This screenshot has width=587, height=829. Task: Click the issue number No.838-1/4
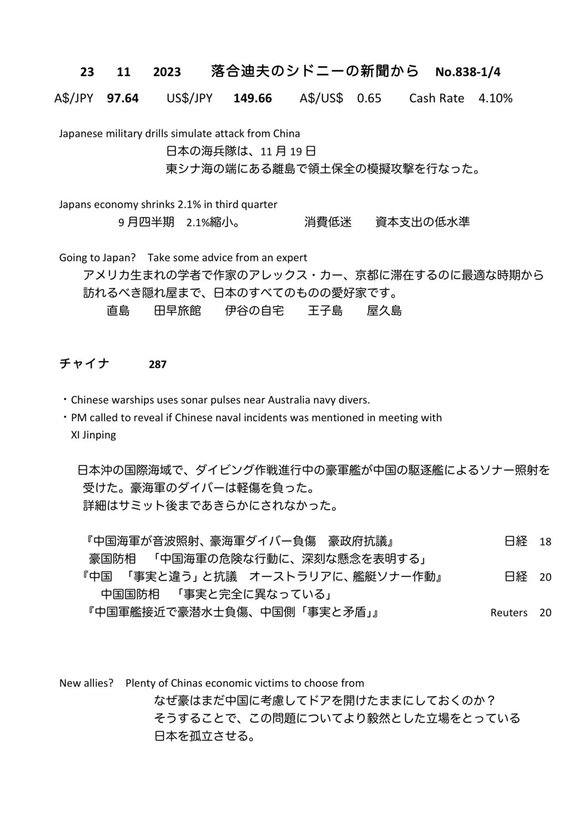click(x=468, y=72)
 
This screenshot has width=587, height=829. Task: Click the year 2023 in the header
click(x=167, y=72)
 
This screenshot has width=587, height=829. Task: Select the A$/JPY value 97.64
click(x=123, y=98)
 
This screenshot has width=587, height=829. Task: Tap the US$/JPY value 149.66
click(x=252, y=98)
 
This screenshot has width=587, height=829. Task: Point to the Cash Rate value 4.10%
click(x=495, y=98)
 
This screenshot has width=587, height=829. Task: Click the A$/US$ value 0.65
click(x=369, y=98)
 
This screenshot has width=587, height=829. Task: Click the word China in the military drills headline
click(x=287, y=133)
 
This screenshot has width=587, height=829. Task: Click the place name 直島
click(x=118, y=311)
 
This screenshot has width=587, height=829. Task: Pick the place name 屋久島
click(x=384, y=311)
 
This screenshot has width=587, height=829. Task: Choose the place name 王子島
click(x=325, y=311)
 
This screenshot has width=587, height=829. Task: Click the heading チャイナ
click(x=84, y=364)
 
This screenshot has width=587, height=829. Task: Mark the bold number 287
click(x=158, y=365)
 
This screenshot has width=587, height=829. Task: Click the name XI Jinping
click(x=93, y=435)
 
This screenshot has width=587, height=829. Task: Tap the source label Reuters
click(x=509, y=613)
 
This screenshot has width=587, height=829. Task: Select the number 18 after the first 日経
click(x=545, y=542)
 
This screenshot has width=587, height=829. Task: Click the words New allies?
click(x=86, y=683)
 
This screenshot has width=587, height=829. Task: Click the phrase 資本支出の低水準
click(x=422, y=222)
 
